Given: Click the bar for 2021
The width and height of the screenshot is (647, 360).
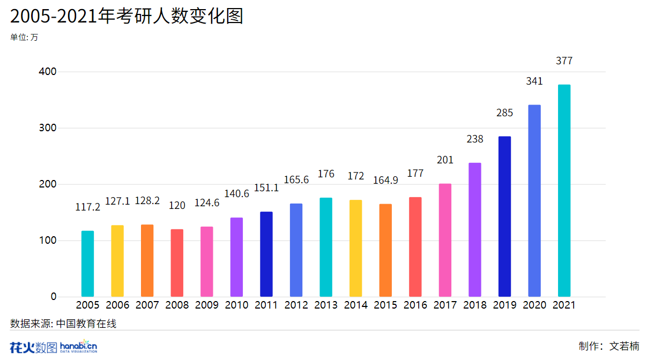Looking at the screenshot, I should point(564,191).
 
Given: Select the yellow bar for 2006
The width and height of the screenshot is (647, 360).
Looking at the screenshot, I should point(117,261).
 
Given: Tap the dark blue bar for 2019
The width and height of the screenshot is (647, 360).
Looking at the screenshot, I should point(504,216).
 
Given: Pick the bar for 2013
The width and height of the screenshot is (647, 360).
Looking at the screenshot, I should point(326,247).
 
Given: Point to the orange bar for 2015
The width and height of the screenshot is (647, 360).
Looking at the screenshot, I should point(385,250).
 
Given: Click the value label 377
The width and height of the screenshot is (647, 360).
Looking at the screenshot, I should point(564,61).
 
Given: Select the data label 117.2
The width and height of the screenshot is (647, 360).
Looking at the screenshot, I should point(88,207).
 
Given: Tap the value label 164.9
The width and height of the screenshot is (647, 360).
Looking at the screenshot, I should point(385,181).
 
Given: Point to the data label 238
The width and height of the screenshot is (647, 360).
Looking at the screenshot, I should point(475,139).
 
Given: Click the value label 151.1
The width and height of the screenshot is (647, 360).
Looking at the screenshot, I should point(266,188).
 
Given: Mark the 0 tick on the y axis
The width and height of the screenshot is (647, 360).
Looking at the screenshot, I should point(53,297).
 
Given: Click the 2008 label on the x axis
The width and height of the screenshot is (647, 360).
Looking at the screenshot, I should point(177,305).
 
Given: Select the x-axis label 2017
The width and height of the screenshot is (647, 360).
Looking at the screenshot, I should point(445,305).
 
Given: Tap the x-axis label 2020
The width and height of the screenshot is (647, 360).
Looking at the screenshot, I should point(534,305).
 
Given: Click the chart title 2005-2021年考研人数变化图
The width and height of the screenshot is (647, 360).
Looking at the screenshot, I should point(127,16).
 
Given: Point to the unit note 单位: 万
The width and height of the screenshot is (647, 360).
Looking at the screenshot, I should point(24,37).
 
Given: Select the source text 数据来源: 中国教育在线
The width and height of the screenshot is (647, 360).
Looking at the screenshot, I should point(63,324).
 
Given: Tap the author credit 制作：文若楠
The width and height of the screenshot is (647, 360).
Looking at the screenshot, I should point(609,346).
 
